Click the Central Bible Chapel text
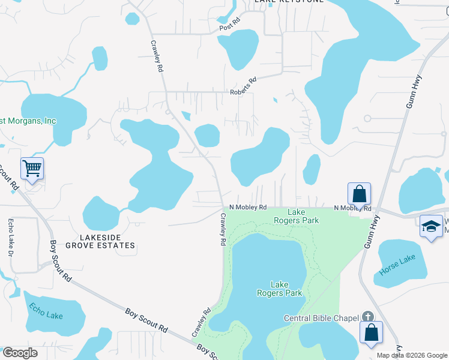point(322,318)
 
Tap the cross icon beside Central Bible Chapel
point(367,317)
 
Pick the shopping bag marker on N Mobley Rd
point(359,194)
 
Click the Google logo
point(20,353)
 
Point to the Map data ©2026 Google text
point(412,355)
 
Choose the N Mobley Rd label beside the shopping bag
point(352,208)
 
